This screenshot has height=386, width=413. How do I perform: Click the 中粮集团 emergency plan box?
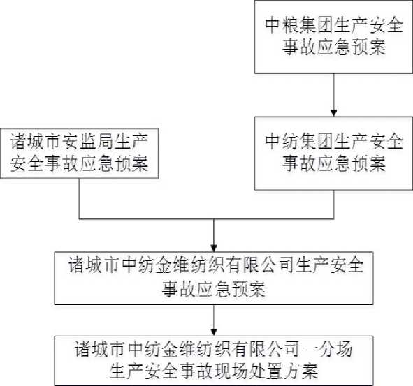coord(333,36)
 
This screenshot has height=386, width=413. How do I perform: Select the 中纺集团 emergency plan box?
coord(333,154)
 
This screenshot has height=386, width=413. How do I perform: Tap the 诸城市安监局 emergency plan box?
coord(79,154)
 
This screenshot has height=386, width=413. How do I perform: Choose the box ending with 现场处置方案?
coord(214,361)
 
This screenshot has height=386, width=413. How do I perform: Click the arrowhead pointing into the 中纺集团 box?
coord(334,113)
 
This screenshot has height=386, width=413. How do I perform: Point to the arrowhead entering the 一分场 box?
coord(214,332)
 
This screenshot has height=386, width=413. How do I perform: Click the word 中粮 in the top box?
coord(282,26)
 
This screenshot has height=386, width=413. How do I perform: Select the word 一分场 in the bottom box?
coord(326,349)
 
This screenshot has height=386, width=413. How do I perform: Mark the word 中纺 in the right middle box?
coord(282,142)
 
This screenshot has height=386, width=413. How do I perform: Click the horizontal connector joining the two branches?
coord(207,219)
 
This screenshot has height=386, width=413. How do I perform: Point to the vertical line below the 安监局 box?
coord(79,199)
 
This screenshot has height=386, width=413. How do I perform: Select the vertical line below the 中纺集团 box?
coord(334,205)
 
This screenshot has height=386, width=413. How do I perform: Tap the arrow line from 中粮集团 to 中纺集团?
coord(334,95)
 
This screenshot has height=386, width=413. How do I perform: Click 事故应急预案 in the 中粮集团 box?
coord(334,47)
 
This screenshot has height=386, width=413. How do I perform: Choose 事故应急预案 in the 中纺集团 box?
coord(334,163)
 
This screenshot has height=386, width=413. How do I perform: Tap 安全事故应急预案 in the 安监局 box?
coord(79,163)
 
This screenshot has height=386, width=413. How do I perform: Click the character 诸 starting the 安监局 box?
coord(18,142)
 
